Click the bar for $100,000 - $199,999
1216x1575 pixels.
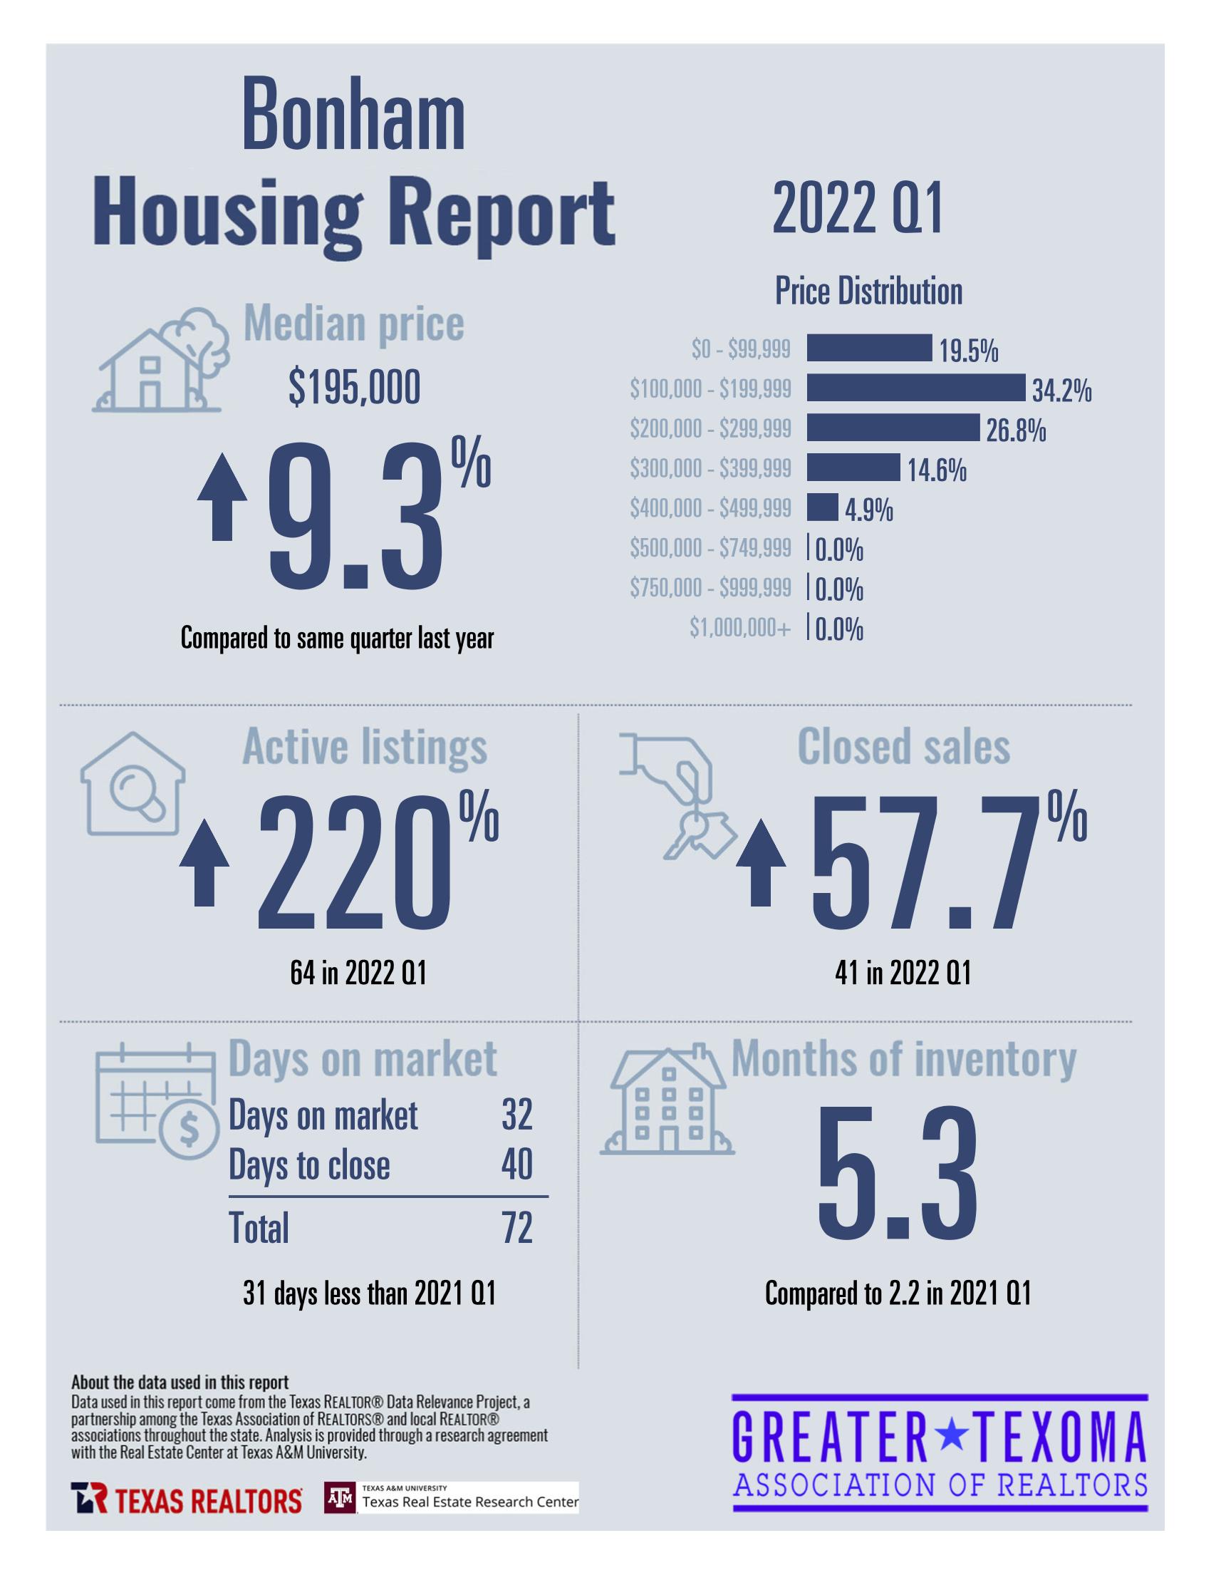pyautogui.click(x=915, y=387)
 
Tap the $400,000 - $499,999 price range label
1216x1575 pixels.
pyautogui.click(x=710, y=508)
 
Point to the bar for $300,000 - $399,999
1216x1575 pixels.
pyautogui.click(x=853, y=468)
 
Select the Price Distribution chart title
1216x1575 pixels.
pyautogui.click(x=868, y=291)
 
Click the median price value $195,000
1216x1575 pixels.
pyautogui.click(x=354, y=388)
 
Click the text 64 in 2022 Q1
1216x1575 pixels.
pyautogui.click(x=358, y=974)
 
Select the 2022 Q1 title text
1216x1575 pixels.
pyautogui.click(x=857, y=209)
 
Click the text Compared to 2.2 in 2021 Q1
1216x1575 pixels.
pyautogui.click(x=898, y=1293)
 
